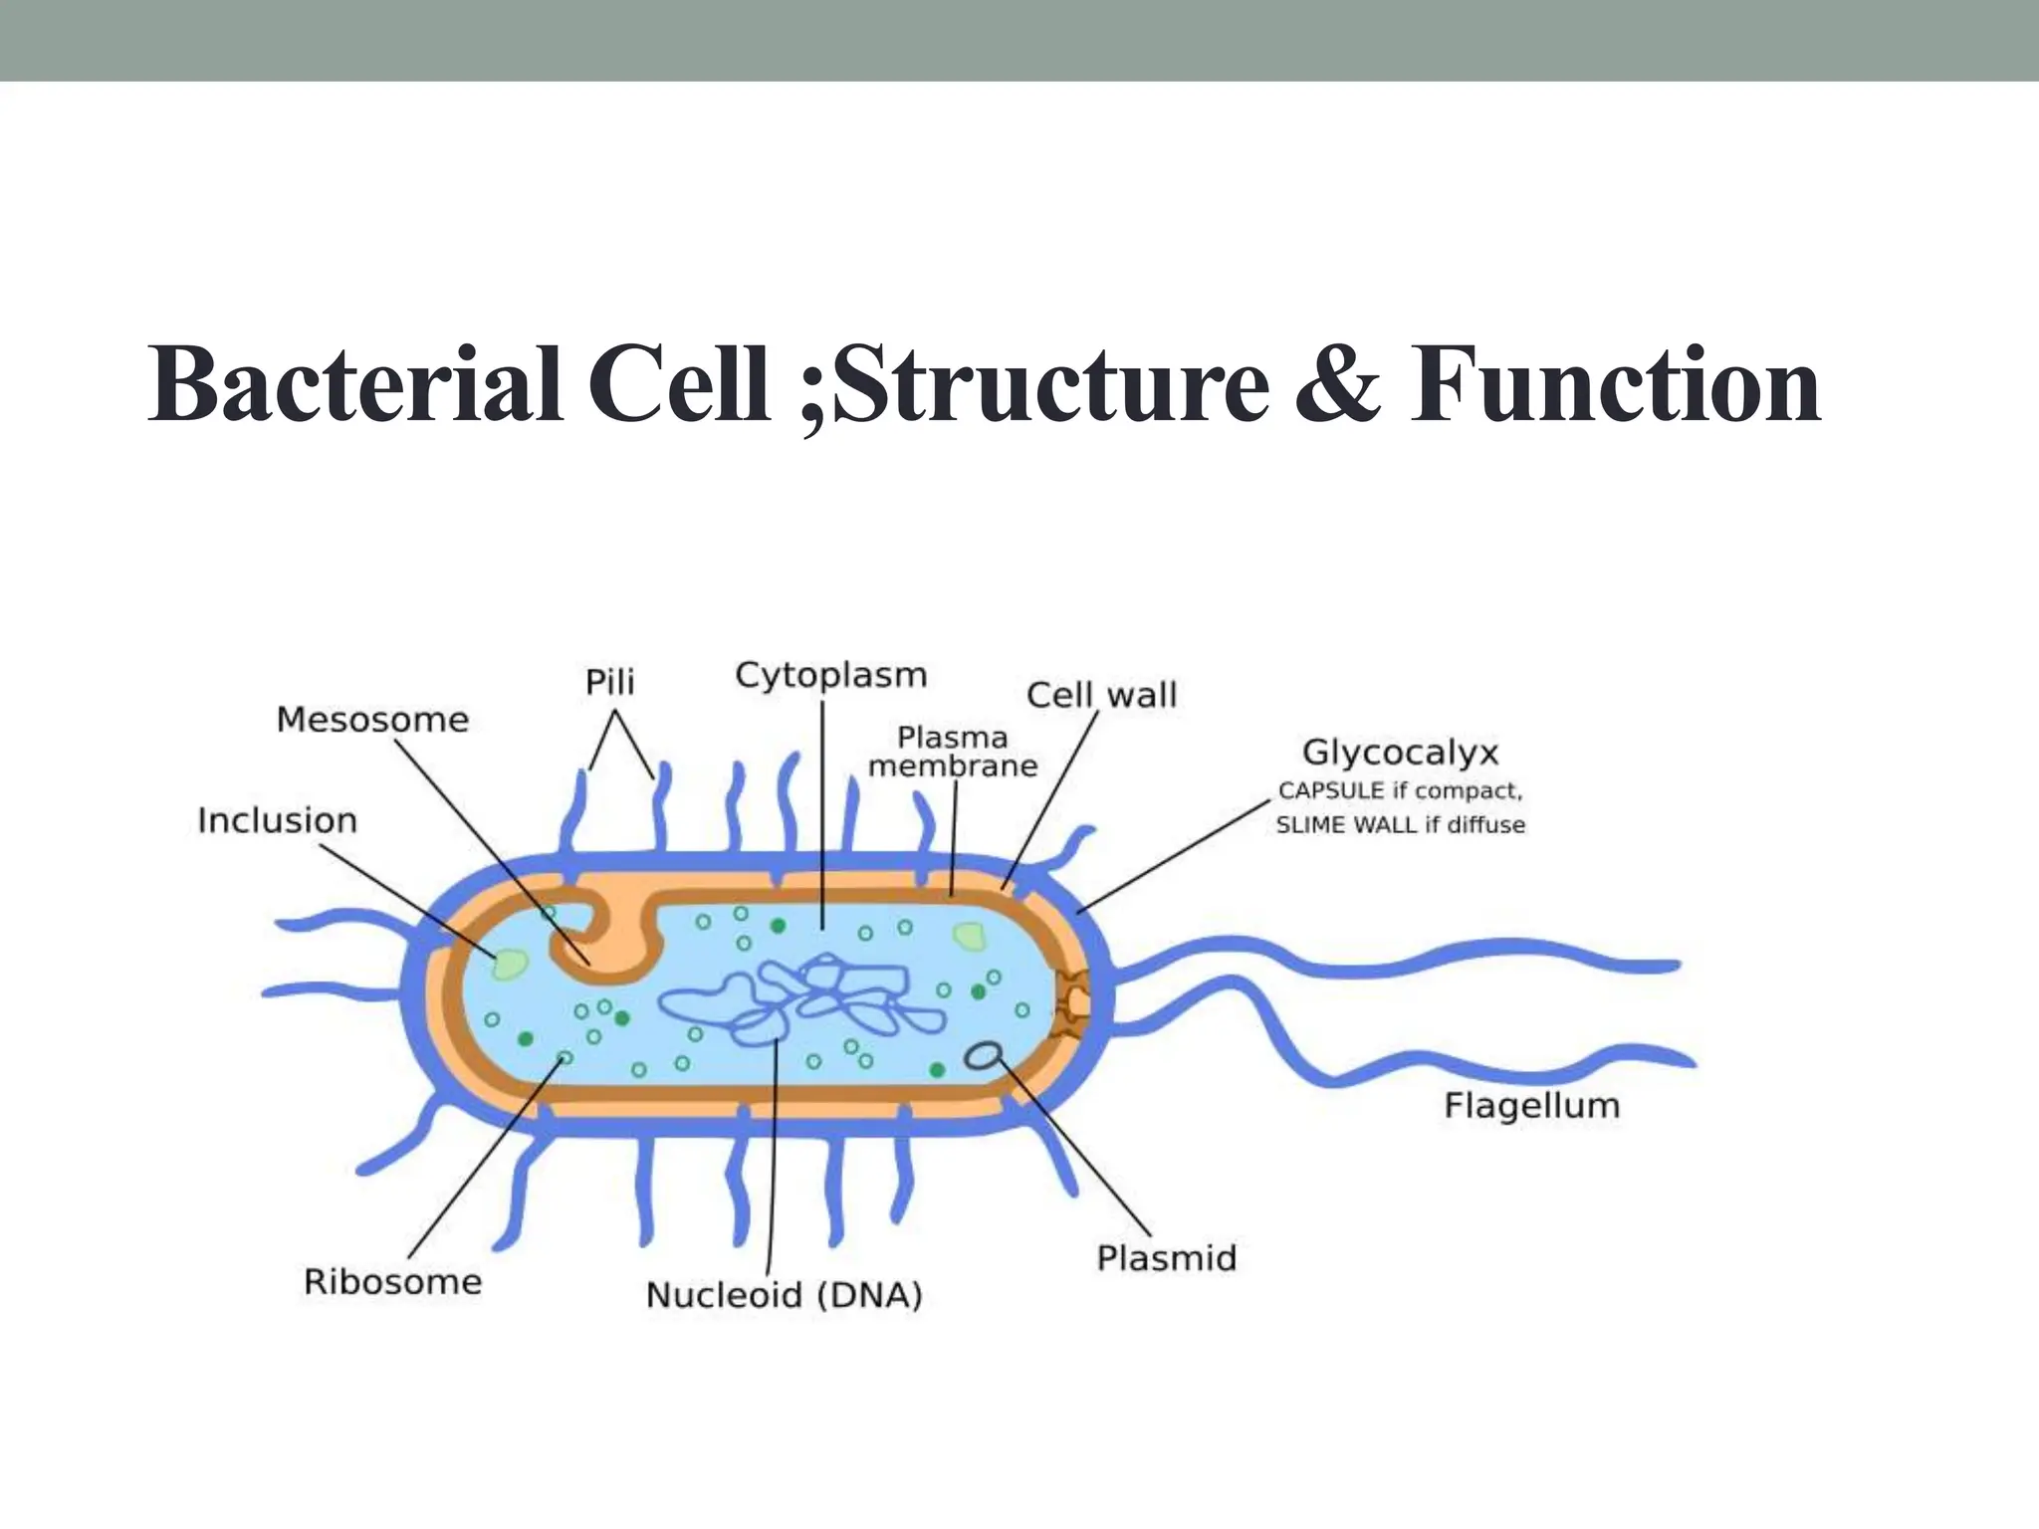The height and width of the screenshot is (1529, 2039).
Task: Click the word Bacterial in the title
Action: pos(355,386)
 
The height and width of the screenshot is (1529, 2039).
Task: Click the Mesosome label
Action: pos(372,720)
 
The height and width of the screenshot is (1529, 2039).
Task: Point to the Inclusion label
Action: pos(277,821)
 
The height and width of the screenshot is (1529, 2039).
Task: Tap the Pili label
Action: pos(609,683)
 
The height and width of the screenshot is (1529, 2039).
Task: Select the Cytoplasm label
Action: pos(831,676)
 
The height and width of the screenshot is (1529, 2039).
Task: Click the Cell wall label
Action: pos(1101,695)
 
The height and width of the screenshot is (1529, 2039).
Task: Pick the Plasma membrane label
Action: pos(953,752)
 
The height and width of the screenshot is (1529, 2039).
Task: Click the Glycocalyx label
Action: pos(1400,753)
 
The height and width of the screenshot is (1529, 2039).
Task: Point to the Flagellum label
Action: pos(1531,1106)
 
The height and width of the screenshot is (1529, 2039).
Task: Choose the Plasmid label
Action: pos(1166,1258)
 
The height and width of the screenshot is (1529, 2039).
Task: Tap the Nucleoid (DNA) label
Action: pos(785,1295)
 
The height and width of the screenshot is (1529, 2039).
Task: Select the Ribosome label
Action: pos(392,1282)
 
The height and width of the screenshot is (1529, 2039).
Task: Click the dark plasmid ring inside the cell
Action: pos(984,1056)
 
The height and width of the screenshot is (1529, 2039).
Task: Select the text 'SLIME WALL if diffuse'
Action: pos(1400,825)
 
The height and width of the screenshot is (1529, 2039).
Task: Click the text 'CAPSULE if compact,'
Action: pos(1400,791)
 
